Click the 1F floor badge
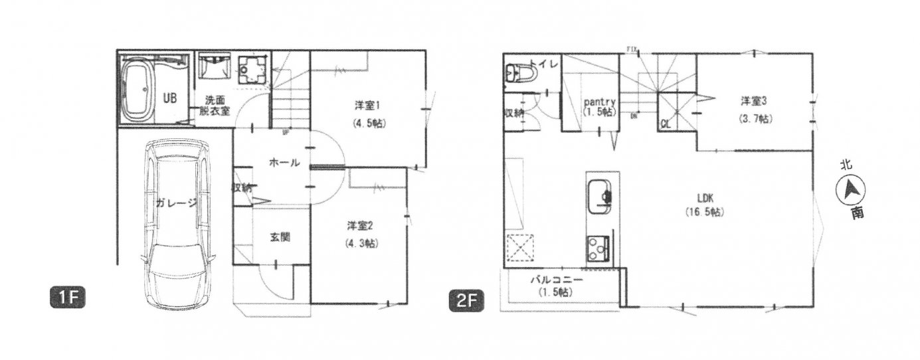[68, 296]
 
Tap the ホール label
[284, 163]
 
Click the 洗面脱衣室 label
[214, 105]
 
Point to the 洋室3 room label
[755, 100]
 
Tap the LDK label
[705, 197]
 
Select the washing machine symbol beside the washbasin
[253, 68]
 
